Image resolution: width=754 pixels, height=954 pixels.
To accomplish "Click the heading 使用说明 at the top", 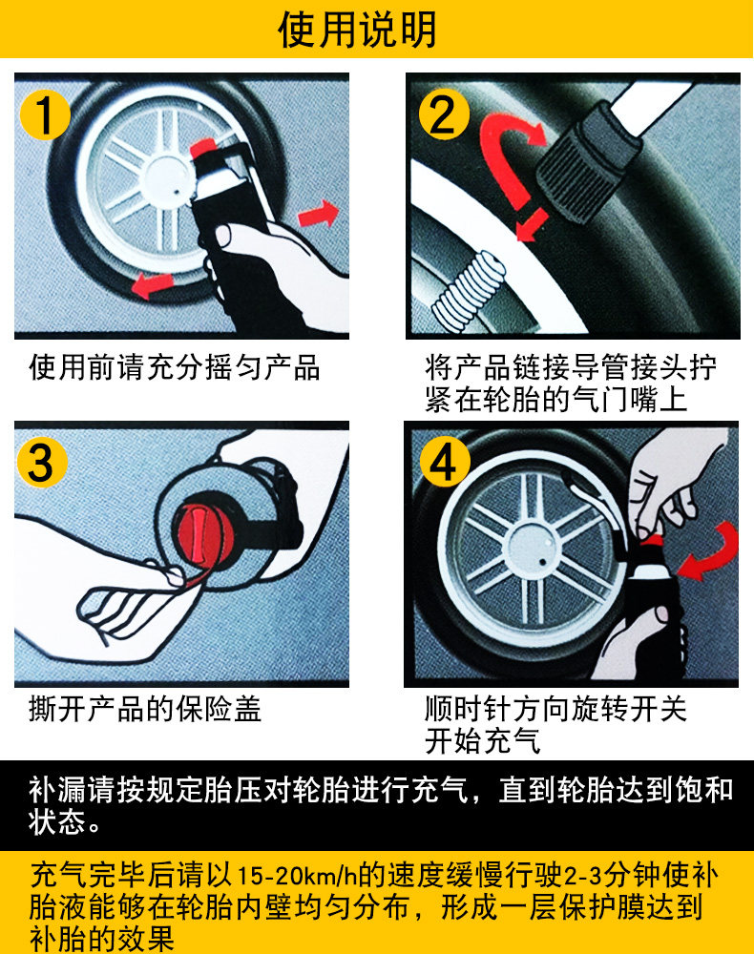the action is point(358,30).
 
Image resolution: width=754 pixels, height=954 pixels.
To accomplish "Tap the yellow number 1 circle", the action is point(45,115).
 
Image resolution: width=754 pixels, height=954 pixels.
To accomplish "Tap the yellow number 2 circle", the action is point(444,115).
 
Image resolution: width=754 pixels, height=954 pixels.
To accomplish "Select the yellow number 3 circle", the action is point(41,463).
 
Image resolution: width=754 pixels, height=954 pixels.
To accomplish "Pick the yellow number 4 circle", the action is point(445,463).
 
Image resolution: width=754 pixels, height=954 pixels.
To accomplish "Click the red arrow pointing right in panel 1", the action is point(318,214).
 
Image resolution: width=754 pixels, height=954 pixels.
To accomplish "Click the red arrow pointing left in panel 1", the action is point(152,284).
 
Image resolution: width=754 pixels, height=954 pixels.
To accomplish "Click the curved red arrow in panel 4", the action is point(709,550).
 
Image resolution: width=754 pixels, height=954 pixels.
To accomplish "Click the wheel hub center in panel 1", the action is point(169,179).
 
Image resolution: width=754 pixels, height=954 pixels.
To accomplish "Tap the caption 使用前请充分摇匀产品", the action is point(175,367).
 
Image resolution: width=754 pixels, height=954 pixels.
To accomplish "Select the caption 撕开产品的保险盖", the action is point(145,709).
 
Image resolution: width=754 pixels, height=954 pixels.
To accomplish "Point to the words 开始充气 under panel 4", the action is point(483,740).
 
